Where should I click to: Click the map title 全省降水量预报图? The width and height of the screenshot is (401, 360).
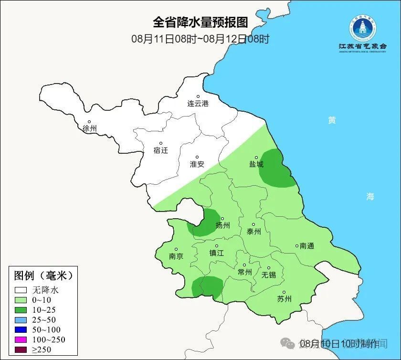point(200,22)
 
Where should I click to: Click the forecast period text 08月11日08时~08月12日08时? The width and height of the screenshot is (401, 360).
point(200,39)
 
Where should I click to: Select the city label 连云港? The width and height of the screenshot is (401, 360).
point(198,103)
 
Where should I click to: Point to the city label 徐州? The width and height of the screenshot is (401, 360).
point(89,128)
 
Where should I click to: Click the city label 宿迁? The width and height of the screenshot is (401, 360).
point(161,150)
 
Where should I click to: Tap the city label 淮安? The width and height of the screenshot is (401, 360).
point(197,164)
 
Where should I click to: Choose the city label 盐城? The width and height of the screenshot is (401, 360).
point(256,164)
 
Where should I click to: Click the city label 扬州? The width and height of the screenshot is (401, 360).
point(222,225)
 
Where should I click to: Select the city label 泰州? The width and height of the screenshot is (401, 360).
point(253,232)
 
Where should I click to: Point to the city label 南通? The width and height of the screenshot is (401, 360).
point(306,246)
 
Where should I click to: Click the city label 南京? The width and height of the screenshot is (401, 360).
point(176,256)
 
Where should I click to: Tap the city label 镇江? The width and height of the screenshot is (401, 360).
point(216,253)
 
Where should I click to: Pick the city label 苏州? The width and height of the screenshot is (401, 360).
point(284,299)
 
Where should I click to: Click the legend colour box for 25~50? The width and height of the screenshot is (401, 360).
point(21,319)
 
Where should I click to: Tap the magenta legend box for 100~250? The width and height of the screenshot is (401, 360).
point(21,339)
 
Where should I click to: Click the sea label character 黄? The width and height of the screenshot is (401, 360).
point(332,120)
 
